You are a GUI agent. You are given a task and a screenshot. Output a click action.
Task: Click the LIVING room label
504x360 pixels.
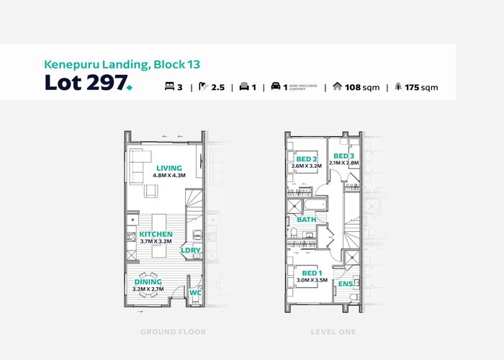pos(169,168)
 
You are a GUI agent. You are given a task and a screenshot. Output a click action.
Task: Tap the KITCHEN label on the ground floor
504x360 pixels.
pos(156,235)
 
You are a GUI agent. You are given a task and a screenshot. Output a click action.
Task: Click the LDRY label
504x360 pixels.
pos(190,251)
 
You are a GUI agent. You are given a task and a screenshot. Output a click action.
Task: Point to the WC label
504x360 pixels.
pos(194,292)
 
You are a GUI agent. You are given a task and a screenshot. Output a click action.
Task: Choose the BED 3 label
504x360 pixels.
pos(343,156)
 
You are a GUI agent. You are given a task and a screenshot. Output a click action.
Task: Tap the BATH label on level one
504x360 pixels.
pos(307,219)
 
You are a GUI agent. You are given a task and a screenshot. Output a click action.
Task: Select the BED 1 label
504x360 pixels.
pos(312,274)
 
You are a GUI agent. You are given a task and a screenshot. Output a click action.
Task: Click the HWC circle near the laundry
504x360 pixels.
pos(198,235)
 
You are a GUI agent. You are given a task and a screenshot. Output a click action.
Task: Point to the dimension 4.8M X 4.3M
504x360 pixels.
pos(169,176)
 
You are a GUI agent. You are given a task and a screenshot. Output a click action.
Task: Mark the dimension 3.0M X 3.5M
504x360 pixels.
pos(312,281)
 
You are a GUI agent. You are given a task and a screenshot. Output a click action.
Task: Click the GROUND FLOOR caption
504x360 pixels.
pos(173,332)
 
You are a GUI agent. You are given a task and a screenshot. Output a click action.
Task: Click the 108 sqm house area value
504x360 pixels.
pos(363,88)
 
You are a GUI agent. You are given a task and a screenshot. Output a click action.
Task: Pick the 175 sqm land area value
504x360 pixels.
pos(420,88)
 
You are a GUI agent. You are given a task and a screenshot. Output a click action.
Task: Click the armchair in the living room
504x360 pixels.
pos(150,191)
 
